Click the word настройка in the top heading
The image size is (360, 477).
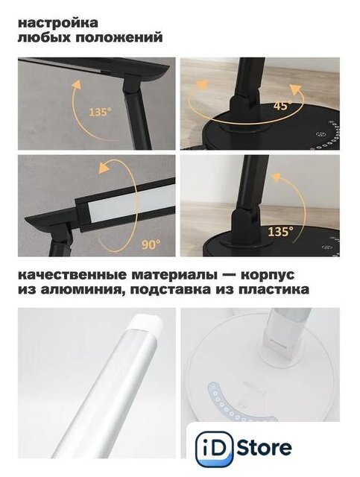pyautogui.click(x=58, y=23)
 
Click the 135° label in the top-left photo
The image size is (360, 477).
pyautogui.click(x=100, y=113)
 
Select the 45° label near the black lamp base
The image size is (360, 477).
pyautogui.click(x=282, y=105)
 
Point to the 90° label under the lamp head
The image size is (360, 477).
pyautogui.click(x=151, y=244)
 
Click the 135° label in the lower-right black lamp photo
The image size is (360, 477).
pyautogui.click(x=280, y=232)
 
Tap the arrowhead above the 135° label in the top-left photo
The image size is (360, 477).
pyautogui.click(x=77, y=84)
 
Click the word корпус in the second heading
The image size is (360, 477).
pyautogui.click(x=268, y=275)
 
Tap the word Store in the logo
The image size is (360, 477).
pyautogui.click(x=264, y=447)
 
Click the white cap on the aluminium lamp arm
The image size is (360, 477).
pyautogui.click(x=145, y=323)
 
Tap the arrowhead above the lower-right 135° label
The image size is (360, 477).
pyautogui.click(x=276, y=177)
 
